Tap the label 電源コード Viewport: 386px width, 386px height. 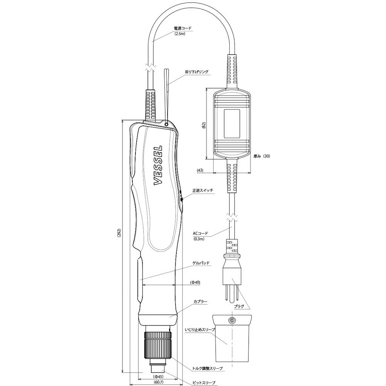[x=183, y=28]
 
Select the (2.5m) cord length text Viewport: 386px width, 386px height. [x=180, y=34]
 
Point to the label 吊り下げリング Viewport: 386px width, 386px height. [x=197, y=72]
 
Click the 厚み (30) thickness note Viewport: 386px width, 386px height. [x=262, y=156]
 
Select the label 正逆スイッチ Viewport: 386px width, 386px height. [x=203, y=190]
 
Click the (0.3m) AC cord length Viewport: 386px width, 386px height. [x=199, y=239]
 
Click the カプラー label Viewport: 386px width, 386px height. [x=200, y=301]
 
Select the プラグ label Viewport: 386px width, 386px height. [x=239, y=306]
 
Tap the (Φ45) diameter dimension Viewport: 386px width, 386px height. [x=158, y=376]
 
